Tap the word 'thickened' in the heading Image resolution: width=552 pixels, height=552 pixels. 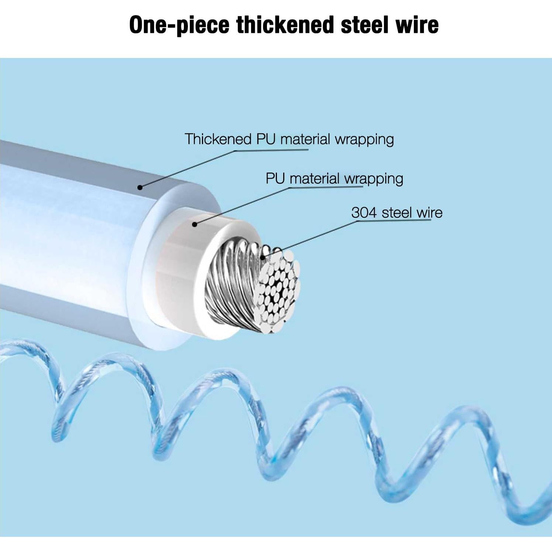tap(285, 25)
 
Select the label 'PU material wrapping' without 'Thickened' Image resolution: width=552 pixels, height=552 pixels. tap(334, 179)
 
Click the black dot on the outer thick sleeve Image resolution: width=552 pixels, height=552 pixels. tap(140, 188)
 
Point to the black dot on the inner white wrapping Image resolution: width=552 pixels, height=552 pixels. tap(195, 224)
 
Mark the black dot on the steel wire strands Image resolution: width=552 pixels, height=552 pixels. tap(263, 257)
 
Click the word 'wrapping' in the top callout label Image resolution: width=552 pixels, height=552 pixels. tap(364, 139)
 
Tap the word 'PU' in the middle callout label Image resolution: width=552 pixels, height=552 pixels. tap(275, 179)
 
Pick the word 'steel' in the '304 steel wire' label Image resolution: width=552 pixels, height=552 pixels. tap(397, 213)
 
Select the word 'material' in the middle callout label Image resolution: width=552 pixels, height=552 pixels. tap(314, 179)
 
